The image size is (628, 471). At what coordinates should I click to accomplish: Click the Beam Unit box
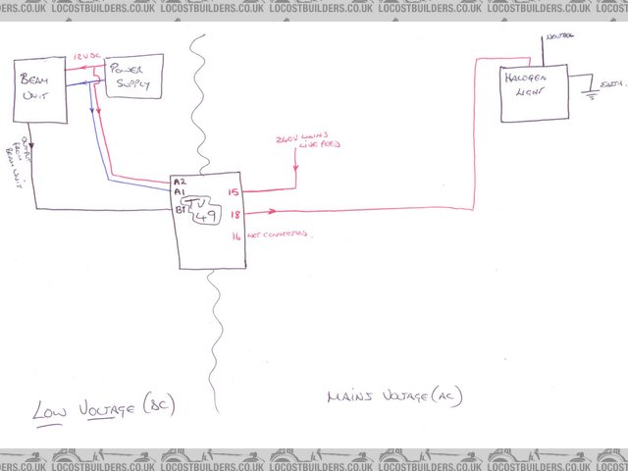40,90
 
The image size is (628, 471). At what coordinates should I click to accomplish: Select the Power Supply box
133,77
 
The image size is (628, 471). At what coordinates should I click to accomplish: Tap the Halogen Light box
533,93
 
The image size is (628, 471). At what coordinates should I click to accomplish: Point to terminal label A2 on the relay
178,183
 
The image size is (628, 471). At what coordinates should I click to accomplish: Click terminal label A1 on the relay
178,194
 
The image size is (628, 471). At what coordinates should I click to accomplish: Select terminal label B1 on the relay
180,209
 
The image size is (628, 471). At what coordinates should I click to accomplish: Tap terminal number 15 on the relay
234,192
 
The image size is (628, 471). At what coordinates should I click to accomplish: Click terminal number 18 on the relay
235,213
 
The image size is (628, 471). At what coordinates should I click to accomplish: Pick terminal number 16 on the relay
235,235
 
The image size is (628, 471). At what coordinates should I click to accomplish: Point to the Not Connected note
280,235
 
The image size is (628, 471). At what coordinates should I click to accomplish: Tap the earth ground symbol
589,94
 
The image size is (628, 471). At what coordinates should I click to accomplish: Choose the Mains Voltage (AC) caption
393,396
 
